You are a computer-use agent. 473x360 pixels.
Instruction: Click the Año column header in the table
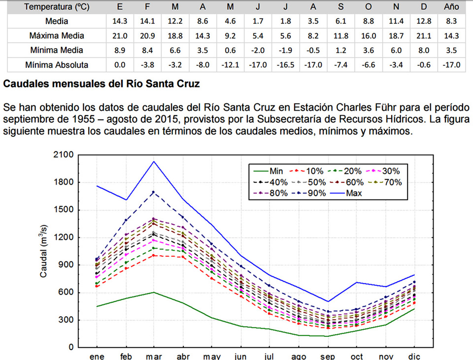pyautogui.click(x=451, y=6)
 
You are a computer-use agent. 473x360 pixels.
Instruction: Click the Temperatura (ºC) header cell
pyautogui.click(x=53, y=6)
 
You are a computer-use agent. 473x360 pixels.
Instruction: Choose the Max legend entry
pyautogui.click(x=354, y=193)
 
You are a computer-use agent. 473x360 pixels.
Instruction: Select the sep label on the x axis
pyautogui.click(x=328, y=356)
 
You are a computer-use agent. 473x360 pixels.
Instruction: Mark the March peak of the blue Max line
pyautogui.click(x=154, y=161)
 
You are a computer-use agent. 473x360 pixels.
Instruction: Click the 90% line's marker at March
pyautogui.click(x=154, y=192)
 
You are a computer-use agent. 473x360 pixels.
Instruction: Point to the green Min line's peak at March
pyautogui.click(x=154, y=292)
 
